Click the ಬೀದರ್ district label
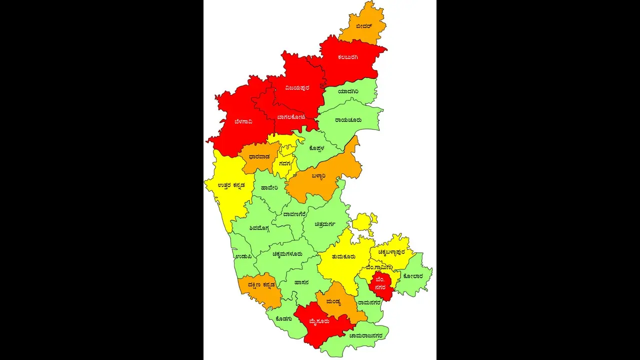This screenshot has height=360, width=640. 364,25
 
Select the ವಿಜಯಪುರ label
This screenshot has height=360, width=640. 297,87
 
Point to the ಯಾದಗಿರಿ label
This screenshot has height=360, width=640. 347,91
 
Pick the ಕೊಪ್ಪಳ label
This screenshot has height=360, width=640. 317,147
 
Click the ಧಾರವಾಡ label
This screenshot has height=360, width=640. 259,157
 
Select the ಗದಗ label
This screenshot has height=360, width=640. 285,163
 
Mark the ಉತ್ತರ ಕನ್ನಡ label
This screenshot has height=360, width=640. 231,185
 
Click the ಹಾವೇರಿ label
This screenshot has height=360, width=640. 269,188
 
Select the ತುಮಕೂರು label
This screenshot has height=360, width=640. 343,256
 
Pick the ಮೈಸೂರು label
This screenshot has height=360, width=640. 319,321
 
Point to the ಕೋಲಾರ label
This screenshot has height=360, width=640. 413,275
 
